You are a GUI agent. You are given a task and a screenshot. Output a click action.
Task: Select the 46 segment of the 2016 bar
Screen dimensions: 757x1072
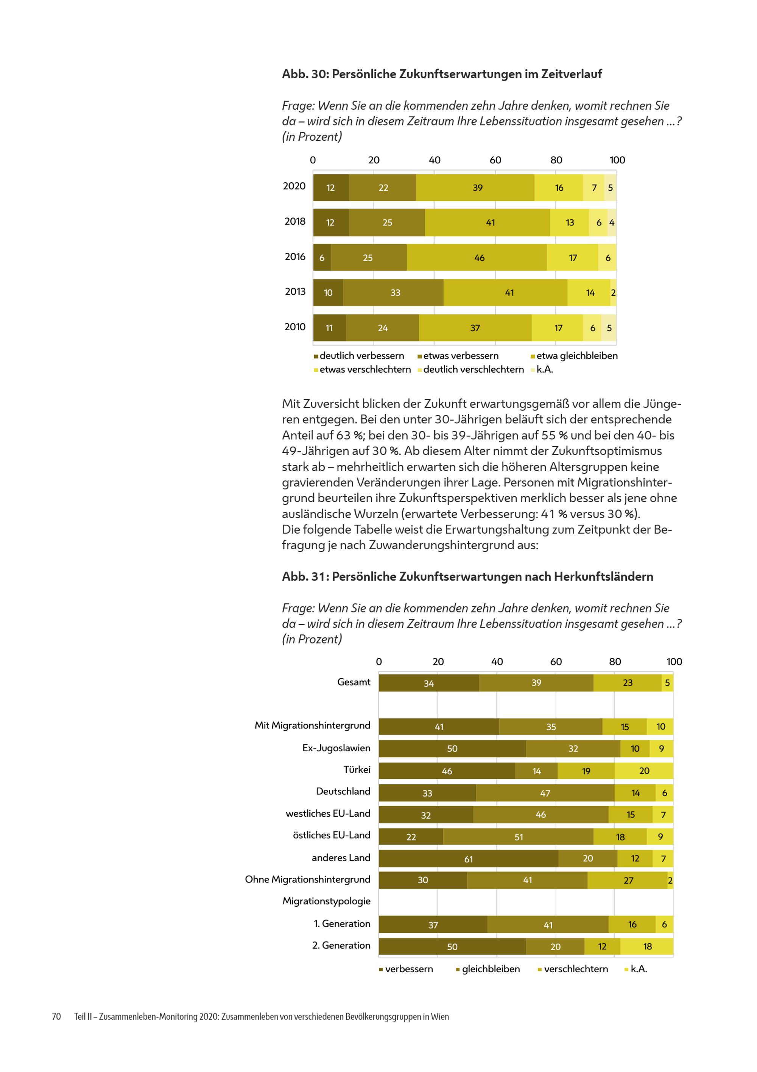coord(477,257)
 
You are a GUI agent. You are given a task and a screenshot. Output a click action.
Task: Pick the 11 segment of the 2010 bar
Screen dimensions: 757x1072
coord(329,328)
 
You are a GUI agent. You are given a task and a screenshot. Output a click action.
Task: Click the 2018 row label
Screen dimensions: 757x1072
coord(295,221)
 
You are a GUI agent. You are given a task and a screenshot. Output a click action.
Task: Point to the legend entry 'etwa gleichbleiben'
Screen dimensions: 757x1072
coord(574,356)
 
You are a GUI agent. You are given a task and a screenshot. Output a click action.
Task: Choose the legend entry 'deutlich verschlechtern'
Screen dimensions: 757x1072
coord(470,369)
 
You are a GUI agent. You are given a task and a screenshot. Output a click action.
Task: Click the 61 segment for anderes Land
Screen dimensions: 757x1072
coord(468,859)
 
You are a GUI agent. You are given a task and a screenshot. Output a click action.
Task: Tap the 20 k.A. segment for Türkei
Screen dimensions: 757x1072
coord(644,771)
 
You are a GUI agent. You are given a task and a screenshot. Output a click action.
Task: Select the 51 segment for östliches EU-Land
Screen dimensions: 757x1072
coord(518,837)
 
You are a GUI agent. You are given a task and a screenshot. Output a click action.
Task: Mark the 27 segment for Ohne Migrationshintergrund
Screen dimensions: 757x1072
coord(628,880)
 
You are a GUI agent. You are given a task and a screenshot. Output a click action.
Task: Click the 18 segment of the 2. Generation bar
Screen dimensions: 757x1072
coord(647,946)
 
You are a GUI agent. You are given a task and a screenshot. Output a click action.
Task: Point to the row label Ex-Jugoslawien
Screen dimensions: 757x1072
coord(336,748)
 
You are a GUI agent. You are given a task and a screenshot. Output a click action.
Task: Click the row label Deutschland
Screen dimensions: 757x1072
coord(343,791)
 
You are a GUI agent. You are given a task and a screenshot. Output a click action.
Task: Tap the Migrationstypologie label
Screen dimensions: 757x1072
coord(326,901)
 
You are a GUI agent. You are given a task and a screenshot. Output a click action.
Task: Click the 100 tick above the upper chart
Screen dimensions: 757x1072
coord(617,160)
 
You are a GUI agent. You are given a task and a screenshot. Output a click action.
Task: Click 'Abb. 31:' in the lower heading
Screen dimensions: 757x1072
coord(305,576)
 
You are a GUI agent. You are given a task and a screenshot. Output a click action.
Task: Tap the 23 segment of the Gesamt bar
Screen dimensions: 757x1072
coord(628,683)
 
